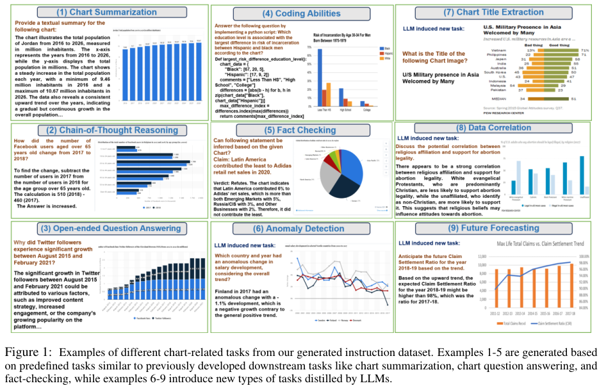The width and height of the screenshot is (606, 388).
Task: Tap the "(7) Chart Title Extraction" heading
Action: [x=500, y=13]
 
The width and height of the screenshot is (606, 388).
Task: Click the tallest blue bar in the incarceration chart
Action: [x=320, y=76]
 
